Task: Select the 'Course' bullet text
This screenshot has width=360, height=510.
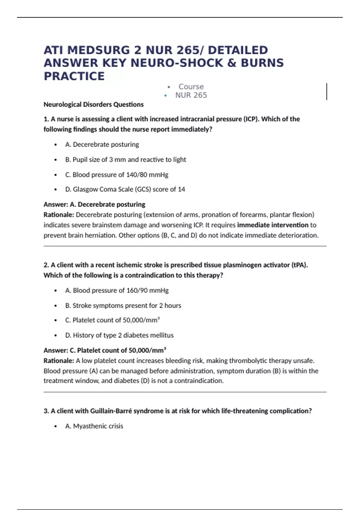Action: (x=191, y=87)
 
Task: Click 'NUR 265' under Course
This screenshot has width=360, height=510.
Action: (x=191, y=95)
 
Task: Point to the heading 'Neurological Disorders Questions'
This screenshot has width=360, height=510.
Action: (x=93, y=104)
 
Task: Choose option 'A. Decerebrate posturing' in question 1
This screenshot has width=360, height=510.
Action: (x=102, y=145)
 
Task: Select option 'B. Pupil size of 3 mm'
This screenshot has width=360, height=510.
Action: (x=125, y=160)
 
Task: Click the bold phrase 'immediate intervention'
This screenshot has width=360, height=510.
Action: (x=272, y=225)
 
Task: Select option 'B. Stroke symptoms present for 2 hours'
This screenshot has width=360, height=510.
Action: (x=123, y=305)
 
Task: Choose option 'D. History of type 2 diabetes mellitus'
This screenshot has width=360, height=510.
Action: (x=119, y=335)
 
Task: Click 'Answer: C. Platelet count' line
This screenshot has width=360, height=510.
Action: (x=105, y=350)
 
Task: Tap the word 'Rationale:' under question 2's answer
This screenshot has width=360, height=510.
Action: (x=59, y=361)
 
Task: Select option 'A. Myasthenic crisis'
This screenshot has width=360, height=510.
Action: (x=94, y=426)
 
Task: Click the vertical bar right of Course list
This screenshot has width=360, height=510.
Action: (x=326, y=91)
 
